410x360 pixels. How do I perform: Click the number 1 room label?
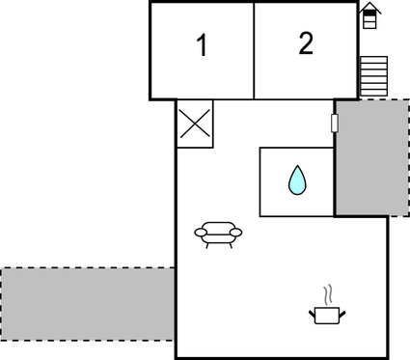[x=202, y=45]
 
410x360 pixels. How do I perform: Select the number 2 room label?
[x=306, y=43]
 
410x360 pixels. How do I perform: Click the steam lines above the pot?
[x=329, y=293]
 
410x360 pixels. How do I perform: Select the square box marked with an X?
[x=195, y=124]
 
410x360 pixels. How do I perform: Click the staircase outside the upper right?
[x=372, y=75]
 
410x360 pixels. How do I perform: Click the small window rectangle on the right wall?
[x=335, y=124]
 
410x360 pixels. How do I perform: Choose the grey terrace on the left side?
[x=87, y=302]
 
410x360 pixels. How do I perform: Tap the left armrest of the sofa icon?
[x=200, y=232]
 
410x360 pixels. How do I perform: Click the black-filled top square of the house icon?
[x=370, y=14]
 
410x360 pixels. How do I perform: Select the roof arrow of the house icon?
[x=370, y=6]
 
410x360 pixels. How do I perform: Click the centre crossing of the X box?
[x=195, y=124]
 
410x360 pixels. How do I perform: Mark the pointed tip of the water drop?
[x=297, y=168]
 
